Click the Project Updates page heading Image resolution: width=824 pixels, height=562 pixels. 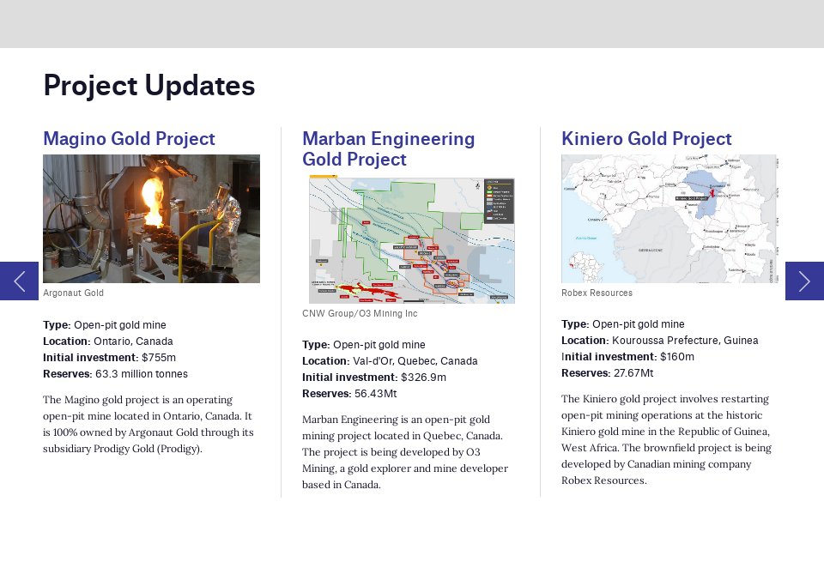coord(148,86)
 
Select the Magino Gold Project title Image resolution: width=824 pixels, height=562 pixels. coord(129,139)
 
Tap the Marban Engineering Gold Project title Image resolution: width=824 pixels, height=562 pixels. coord(388,149)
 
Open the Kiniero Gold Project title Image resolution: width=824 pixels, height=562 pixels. coord(646,139)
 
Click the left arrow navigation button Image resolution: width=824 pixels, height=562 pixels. coord(19,281)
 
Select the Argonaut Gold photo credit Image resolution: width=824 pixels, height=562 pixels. coord(73,293)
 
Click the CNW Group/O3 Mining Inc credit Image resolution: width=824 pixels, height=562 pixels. coord(360,314)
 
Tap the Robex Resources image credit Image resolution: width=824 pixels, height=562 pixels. coord(597,293)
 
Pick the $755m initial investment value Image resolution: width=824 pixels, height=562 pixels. coord(159,357)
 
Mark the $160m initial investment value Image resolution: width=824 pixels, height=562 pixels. coord(677,357)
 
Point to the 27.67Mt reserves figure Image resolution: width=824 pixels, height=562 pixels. coord(633,373)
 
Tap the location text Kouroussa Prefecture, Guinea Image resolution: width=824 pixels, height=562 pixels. coord(685,341)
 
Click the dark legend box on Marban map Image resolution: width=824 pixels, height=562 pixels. coord(498,200)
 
